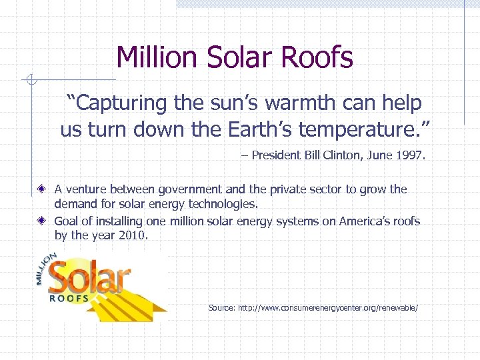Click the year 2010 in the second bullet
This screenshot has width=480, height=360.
[131, 235]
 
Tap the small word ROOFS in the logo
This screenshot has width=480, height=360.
[69, 298]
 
